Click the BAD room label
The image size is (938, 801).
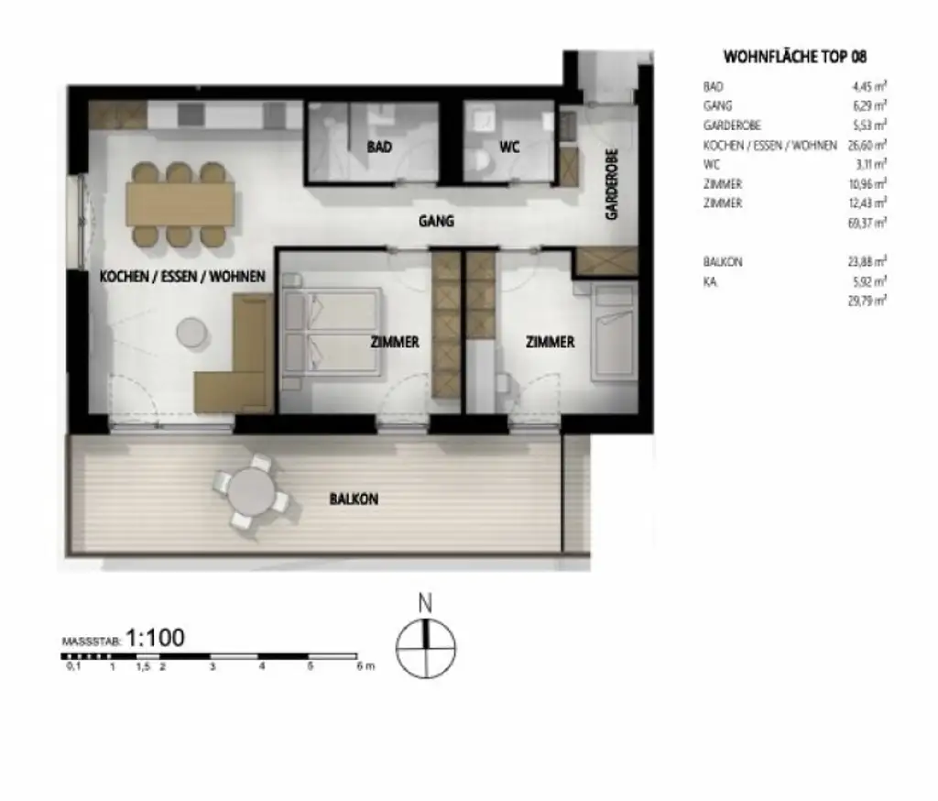[380, 147]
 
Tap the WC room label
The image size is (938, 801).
[509, 147]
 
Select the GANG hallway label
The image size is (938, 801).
[436, 221]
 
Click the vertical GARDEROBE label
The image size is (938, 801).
[611, 184]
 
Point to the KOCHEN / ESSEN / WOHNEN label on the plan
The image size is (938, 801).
[182, 276]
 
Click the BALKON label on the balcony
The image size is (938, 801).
[354, 499]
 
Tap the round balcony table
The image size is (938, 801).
[249, 494]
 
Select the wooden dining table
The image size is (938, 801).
[181, 203]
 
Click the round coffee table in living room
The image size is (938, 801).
[192, 332]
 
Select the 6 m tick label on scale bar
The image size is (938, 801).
[365, 667]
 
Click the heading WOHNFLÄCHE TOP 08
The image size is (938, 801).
[795, 57]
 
